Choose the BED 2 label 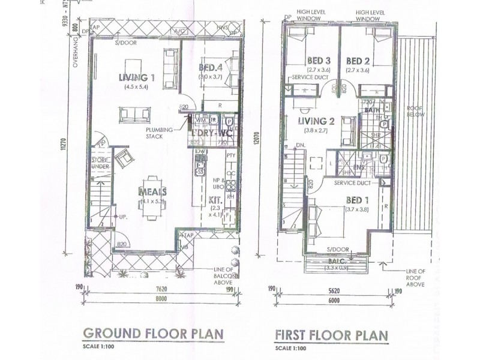pos(358,61)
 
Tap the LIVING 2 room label pos(316,121)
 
